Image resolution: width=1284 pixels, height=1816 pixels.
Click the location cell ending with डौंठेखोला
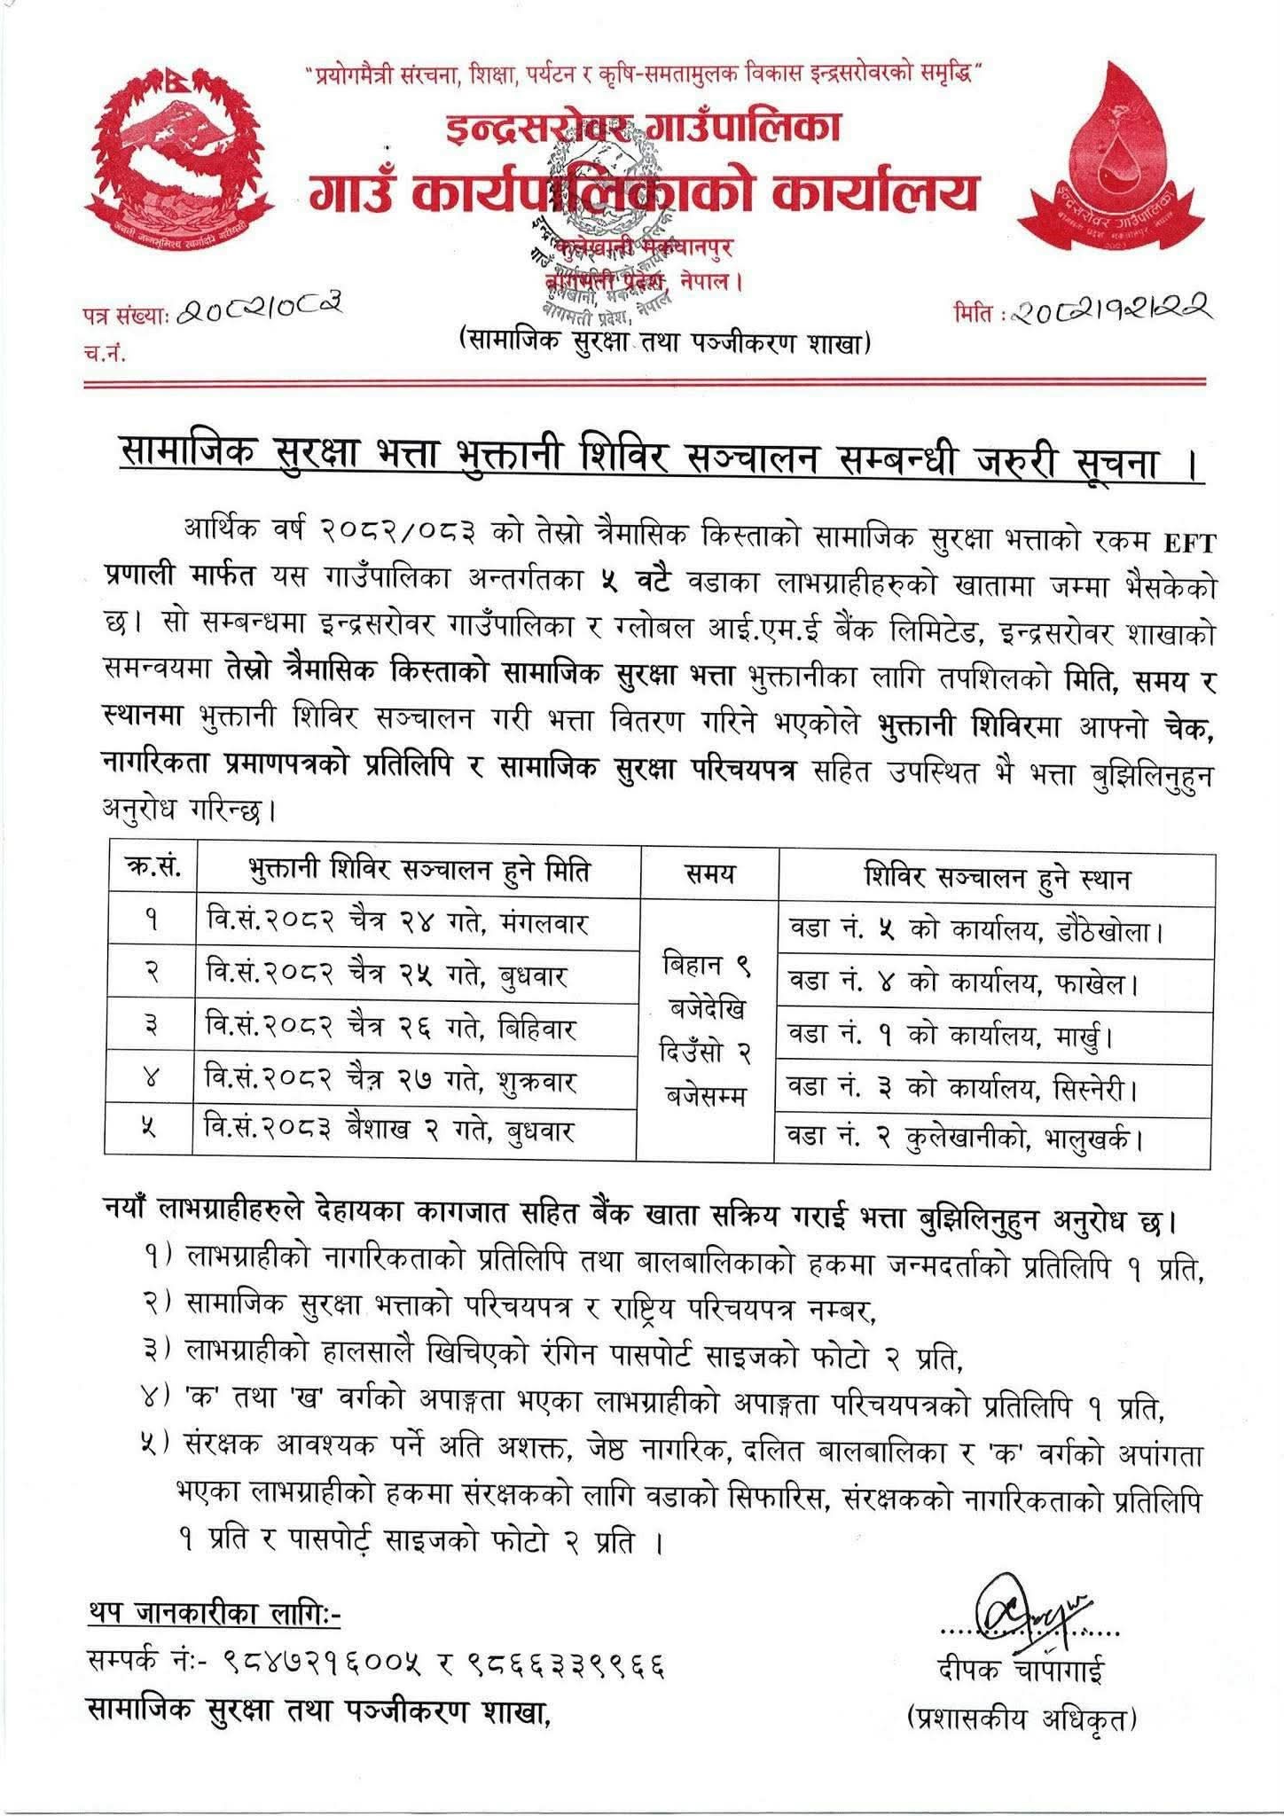[993, 930]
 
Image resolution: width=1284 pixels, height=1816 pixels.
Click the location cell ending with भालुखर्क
[993, 1138]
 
